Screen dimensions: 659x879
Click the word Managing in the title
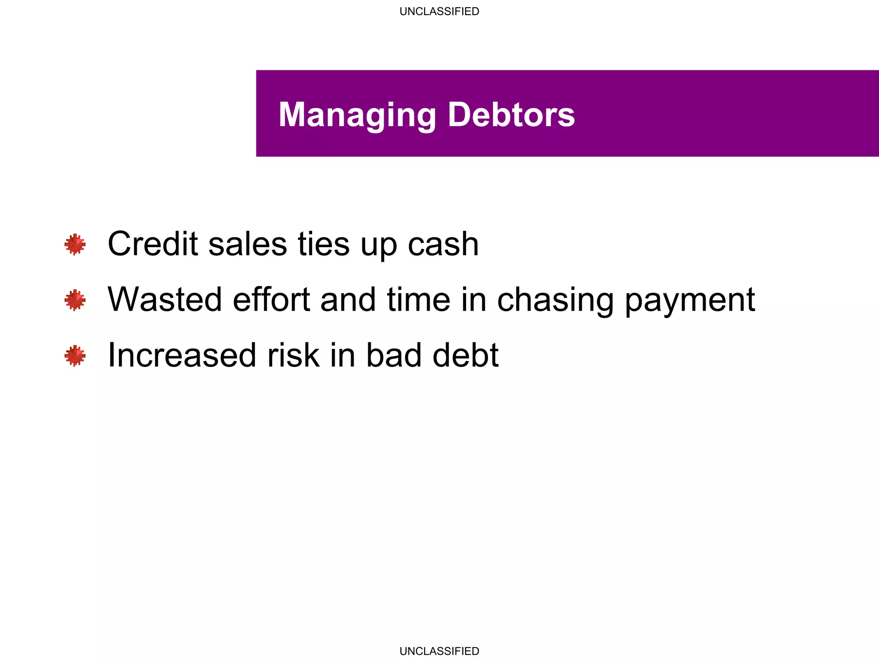pyautogui.click(x=357, y=115)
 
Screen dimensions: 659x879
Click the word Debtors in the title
pyautogui.click(x=511, y=115)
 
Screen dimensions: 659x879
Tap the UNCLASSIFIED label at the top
pyautogui.click(x=439, y=11)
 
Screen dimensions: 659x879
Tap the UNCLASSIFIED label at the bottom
pyautogui.click(x=439, y=651)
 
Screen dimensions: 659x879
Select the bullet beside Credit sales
pyautogui.click(x=75, y=245)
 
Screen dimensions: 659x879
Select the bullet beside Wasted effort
pyautogui.click(x=75, y=300)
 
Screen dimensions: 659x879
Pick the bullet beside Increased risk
pyautogui.click(x=75, y=356)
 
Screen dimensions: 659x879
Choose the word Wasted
pyautogui.click(x=165, y=299)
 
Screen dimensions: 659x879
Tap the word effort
pyautogui.click(x=271, y=299)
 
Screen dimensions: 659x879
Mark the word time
pyautogui.click(x=418, y=299)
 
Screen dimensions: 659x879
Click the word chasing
pyautogui.click(x=555, y=300)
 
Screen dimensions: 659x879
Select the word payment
pyautogui.click(x=690, y=300)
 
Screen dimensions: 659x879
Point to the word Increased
pyautogui.click(x=182, y=355)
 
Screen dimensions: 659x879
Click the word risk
pyautogui.click(x=294, y=355)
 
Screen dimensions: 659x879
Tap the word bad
pyautogui.click(x=394, y=355)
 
